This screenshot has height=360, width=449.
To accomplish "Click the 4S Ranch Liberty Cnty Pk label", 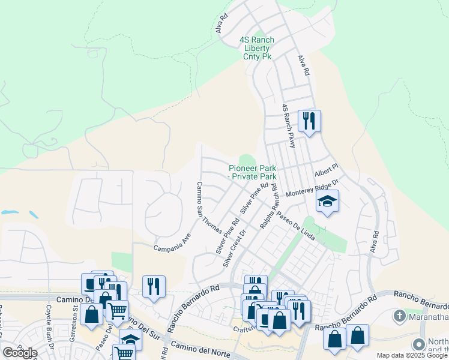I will pyautogui.click(x=256, y=48).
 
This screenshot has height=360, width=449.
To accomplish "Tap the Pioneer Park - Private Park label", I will pyautogui.click(x=253, y=172).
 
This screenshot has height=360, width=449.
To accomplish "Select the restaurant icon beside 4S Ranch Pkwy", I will pyautogui.click(x=309, y=121).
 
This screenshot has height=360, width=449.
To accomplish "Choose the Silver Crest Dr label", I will pyautogui.click(x=235, y=247).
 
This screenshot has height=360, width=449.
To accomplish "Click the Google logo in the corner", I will pyautogui.click(x=20, y=352).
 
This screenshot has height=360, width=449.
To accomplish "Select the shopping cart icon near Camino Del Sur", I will pyautogui.click(x=117, y=310).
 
